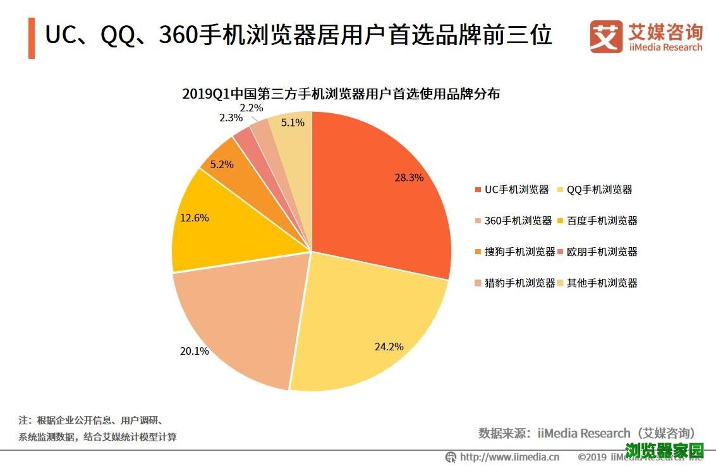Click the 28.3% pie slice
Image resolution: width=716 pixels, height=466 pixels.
coord(379,190)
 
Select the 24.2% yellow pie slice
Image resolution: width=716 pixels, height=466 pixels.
coord(367,329)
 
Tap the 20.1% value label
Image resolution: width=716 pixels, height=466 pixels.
coord(194,351)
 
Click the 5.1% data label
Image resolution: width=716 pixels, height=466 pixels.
coord(293,123)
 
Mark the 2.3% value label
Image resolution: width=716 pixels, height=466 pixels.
coord(231,118)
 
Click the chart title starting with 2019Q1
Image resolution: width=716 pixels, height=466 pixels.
coord(341,94)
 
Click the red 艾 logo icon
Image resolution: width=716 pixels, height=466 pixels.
coord(606,37)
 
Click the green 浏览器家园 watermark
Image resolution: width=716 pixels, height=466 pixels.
coord(664,451)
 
